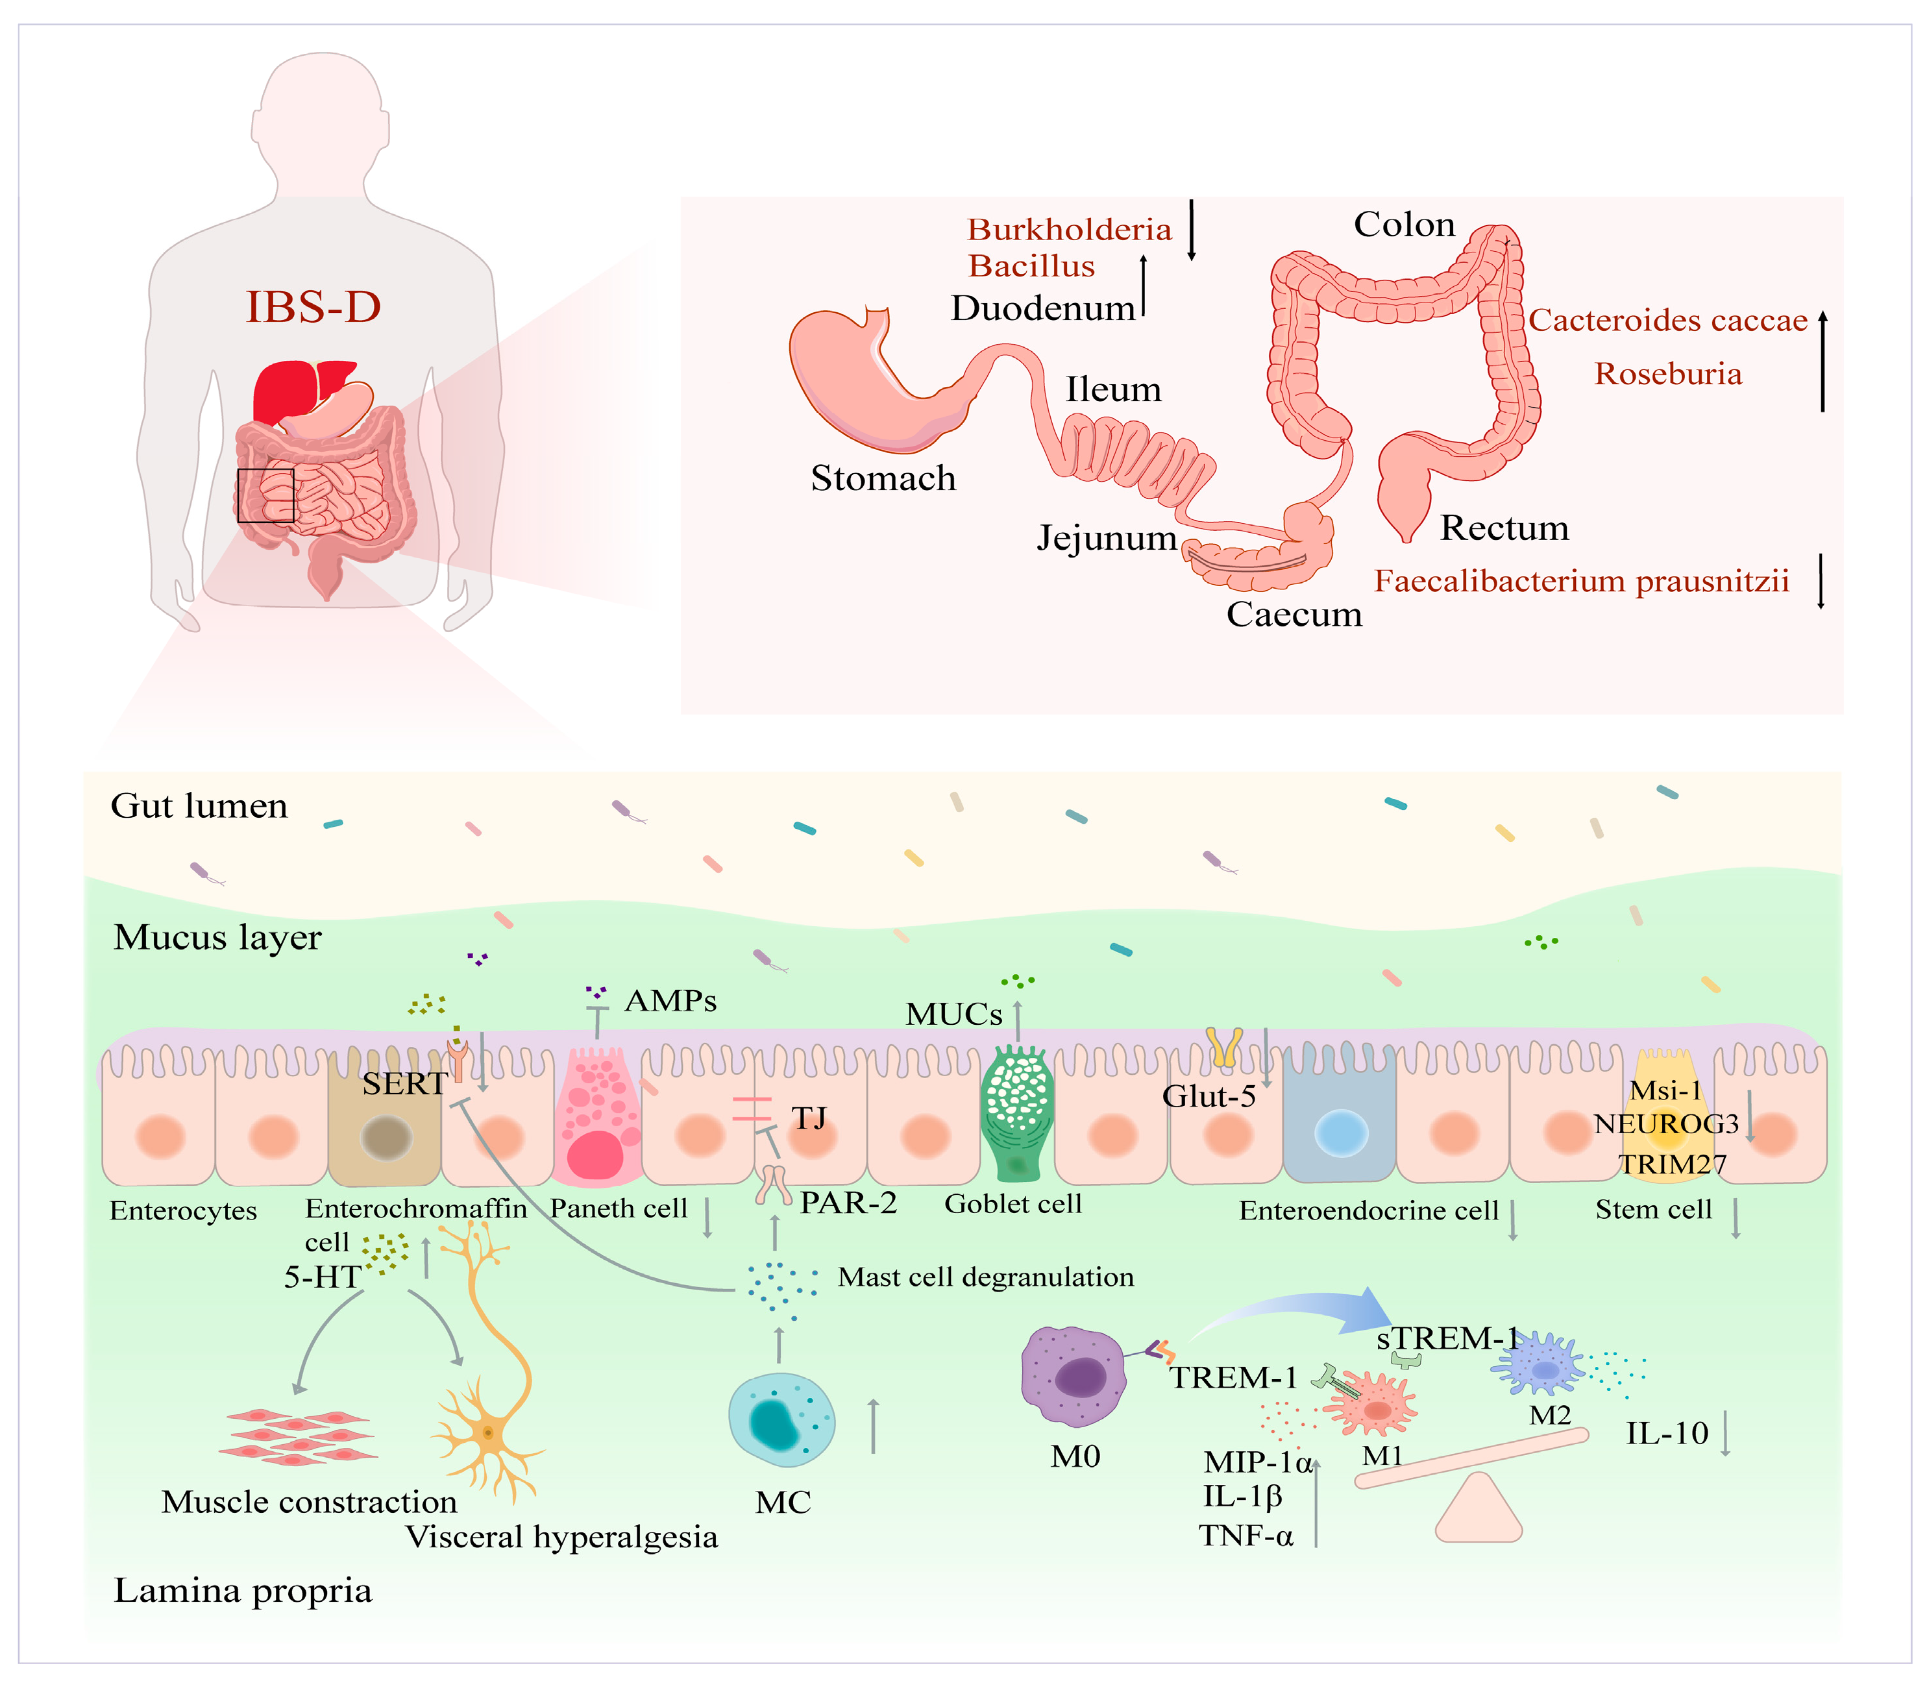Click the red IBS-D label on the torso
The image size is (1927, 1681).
point(313,307)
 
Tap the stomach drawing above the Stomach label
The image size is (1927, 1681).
point(863,385)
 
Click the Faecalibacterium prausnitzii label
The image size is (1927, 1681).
point(1581,581)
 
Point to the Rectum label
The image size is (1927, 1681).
point(1504,528)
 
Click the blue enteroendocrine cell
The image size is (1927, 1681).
point(1339,1121)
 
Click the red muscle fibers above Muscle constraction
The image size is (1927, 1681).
point(299,1435)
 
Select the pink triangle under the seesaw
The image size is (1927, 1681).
point(1478,1510)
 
